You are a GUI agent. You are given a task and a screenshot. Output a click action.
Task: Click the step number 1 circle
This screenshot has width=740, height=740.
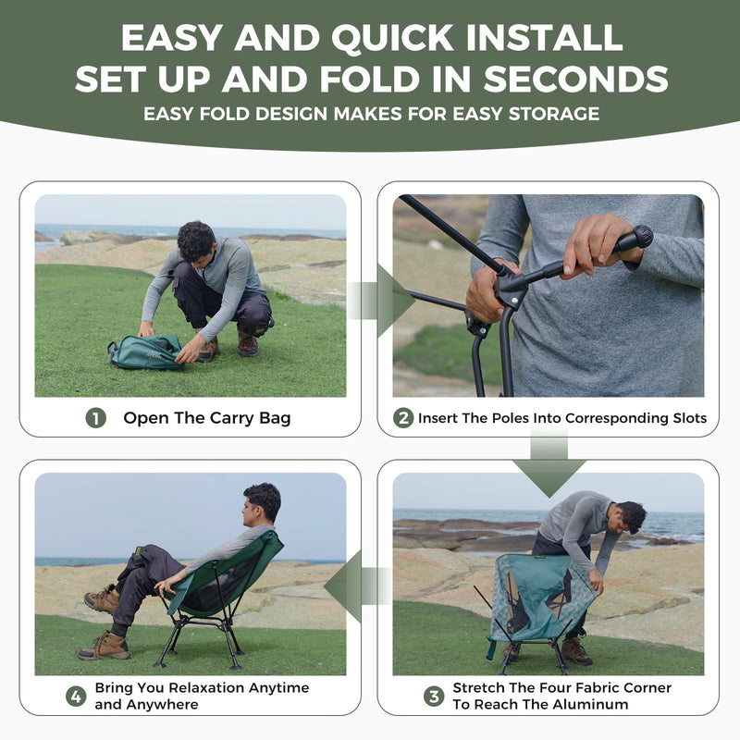coord(96,418)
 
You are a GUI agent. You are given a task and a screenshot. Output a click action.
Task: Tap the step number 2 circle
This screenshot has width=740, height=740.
coord(403,418)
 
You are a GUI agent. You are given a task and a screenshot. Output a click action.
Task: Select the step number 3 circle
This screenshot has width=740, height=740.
coord(434,696)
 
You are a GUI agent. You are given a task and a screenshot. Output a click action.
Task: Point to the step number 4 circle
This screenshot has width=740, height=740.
coord(76,696)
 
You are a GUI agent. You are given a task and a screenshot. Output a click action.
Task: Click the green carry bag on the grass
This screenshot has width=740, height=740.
coord(146,351)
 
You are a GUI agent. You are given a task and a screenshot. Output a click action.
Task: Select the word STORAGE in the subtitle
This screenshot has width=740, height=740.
coord(554,114)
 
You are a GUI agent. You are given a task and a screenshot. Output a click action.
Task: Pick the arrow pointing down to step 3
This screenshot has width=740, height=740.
coord(549,466)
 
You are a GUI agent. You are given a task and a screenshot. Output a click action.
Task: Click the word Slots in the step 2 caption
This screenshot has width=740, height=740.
coord(685,418)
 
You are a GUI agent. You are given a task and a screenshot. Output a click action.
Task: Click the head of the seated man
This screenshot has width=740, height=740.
coord(262,502)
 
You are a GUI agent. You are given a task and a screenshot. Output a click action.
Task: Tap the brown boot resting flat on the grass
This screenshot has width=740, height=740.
coord(104,645)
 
